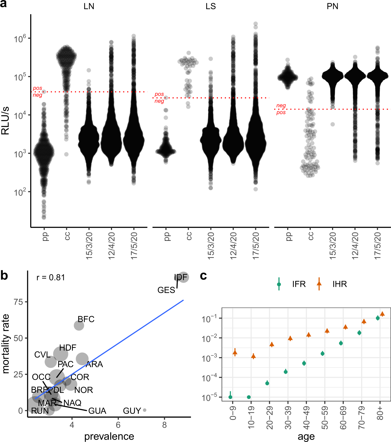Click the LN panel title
point(89,6)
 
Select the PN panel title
point(332,6)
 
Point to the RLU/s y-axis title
point(5,121)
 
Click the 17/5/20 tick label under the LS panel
point(256,245)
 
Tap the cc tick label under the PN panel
point(310,236)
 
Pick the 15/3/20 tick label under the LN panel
point(89,245)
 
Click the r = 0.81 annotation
point(51,277)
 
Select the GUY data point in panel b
point(145,410)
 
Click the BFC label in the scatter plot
point(86,319)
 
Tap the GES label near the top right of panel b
point(166,290)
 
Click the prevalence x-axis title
point(109,436)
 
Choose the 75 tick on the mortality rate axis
point(18,302)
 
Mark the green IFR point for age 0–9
point(230,397)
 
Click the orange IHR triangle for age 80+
point(382,314)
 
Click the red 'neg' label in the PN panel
point(281,106)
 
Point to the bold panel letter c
point(203,276)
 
